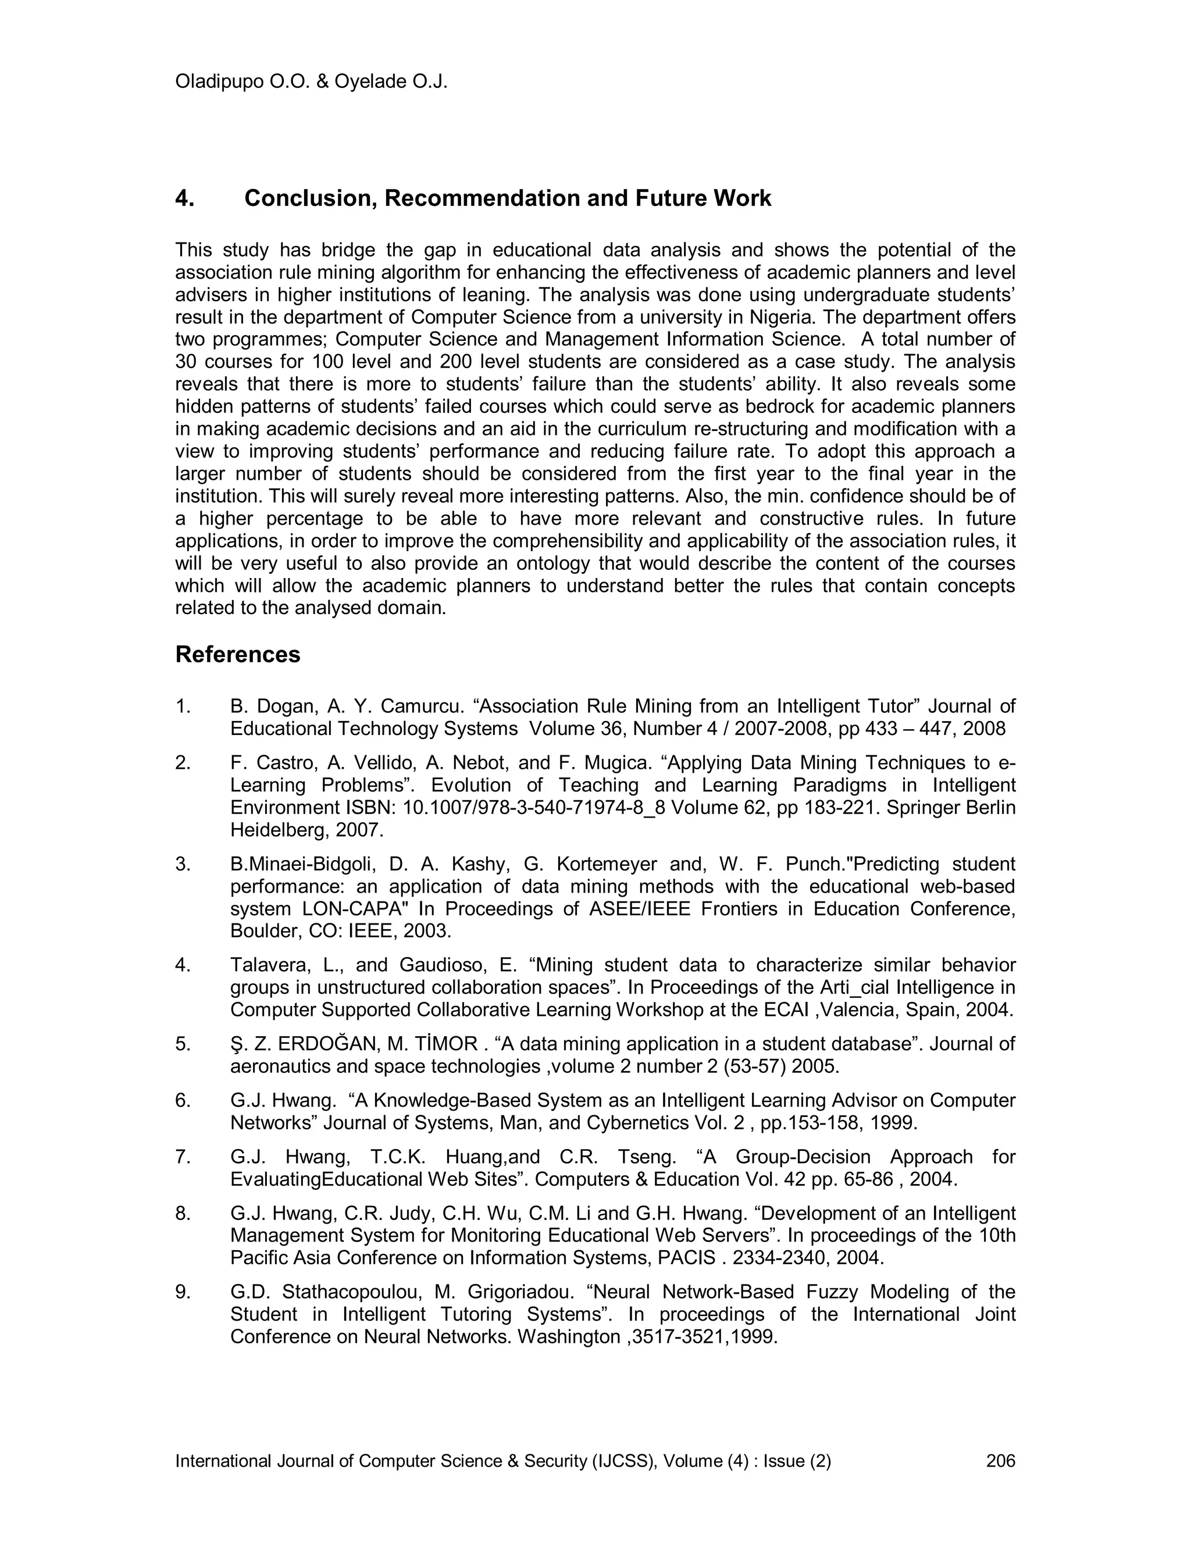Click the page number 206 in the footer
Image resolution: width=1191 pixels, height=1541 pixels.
tap(1000, 1461)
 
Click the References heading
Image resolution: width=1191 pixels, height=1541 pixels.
tap(237, 654)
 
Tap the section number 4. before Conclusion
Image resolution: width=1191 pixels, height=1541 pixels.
tap(184, 198)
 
